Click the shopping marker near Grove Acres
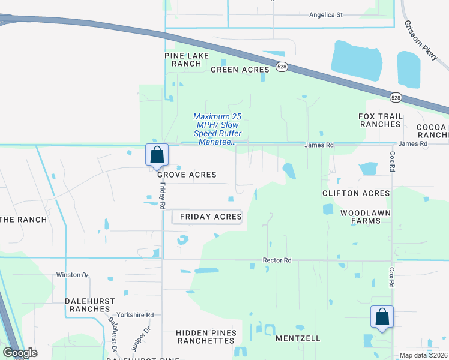pyautogui.click(x=157, y=155)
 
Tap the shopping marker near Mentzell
pyautogui.click(x=382, y=317)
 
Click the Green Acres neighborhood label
pyautogui.click(x=240, y=70)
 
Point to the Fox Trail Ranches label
pyautogui.click(x=379, y=120)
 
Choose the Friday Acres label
pyautogui.click(x=207, y=217)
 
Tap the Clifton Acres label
pyautogui.click(x=356, y=193)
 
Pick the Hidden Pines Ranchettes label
pyautogui.click(x=206, y=337)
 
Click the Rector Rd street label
pyautogui.click(x=277, y=260)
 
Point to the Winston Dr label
pyautogui.click(x=72, y=275)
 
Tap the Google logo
pyautogui.click(x=20, y=353)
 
